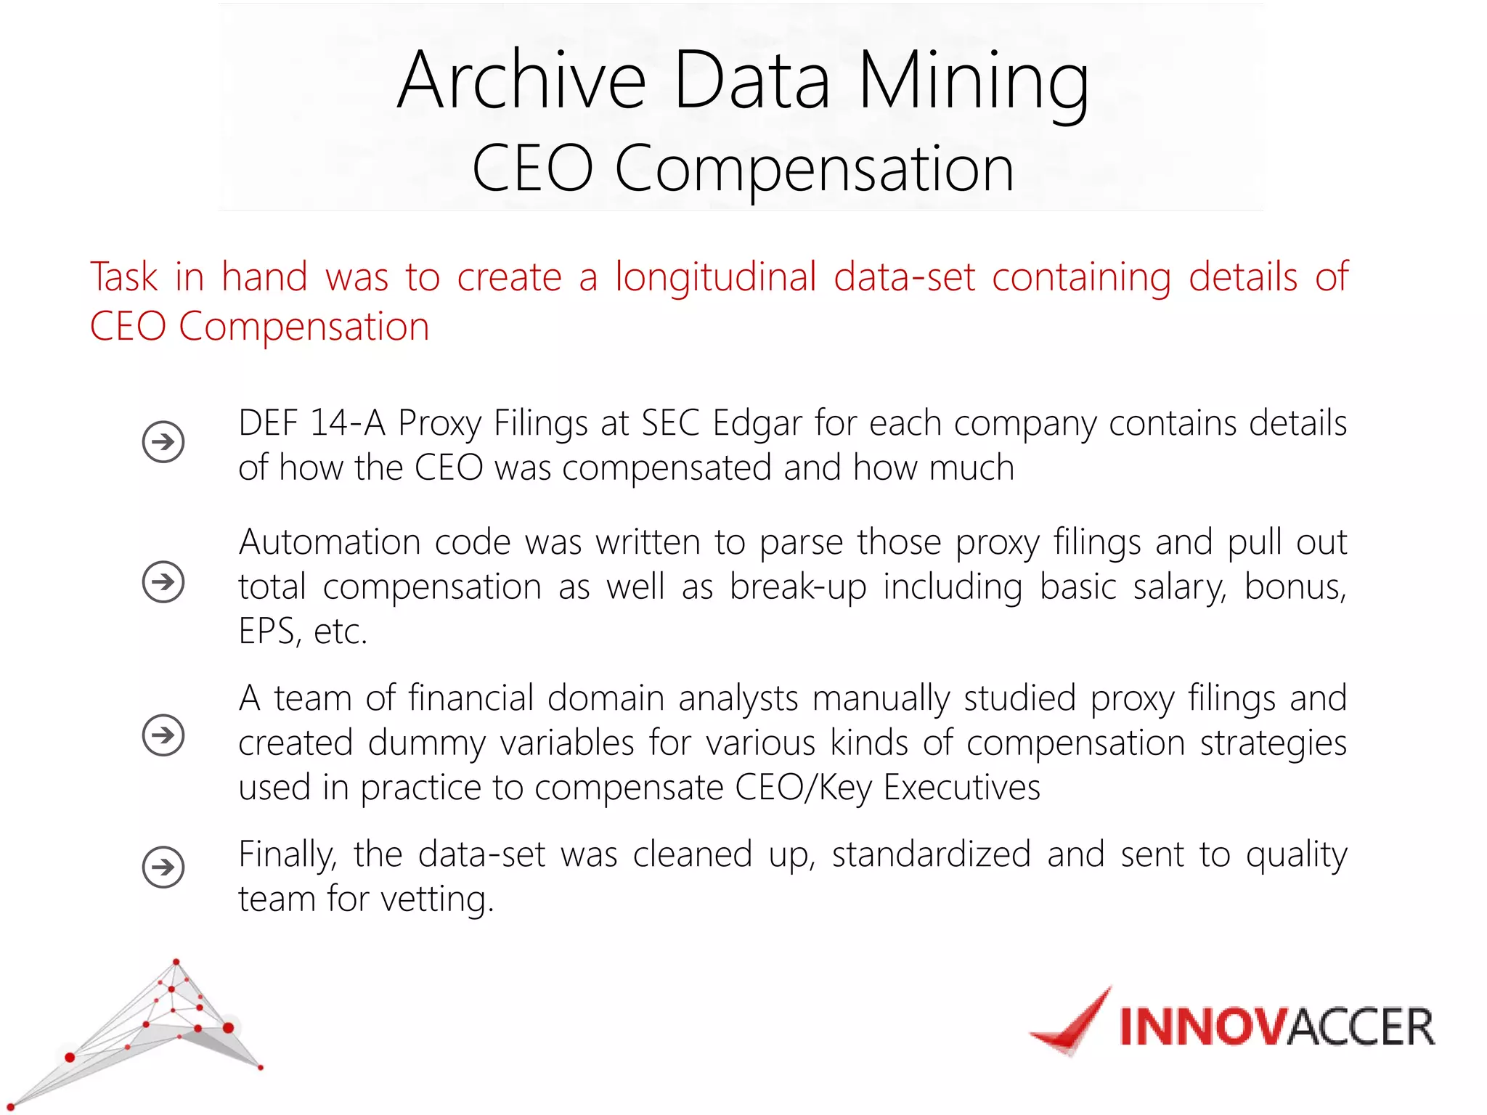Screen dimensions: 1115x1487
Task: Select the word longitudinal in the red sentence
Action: pyautogui.click(x=716, y=277)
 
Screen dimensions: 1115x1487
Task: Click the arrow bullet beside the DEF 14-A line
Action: pyautogui.click(x=163, y=441)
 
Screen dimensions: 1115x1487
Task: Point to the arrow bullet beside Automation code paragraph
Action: pyautogui.click(x=163, y=581)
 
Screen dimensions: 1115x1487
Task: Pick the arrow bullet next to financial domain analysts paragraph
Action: pyautogui.click(x=163, y=735)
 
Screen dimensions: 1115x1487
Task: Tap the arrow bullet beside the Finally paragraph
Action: pyautogui.click(x=163, y=867)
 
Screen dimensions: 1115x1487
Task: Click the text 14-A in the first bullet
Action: pyautogui.click(x=347, y=422)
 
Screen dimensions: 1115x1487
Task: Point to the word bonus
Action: pyautogui.click(x=1294, y=587)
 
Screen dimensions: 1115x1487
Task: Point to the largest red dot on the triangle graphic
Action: pyautogui.click(x=228, y=1027)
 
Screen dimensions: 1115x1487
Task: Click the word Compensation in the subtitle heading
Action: pyautogui.click(x=814, y=168)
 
